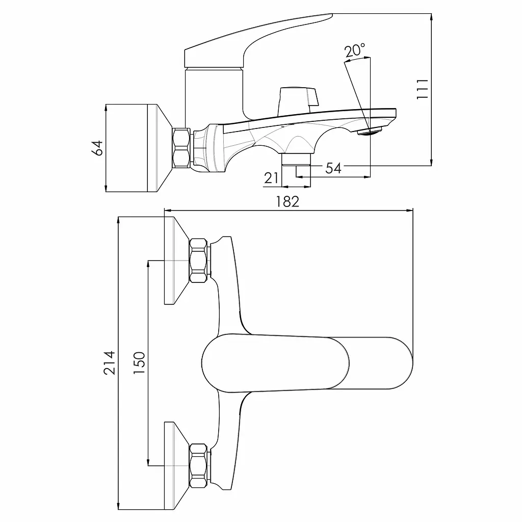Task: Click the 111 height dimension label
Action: [422, 89]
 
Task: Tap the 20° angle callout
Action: [355, 50]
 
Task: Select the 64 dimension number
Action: [97, 148]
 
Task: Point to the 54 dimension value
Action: [333, 168]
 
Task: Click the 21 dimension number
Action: [271, 178]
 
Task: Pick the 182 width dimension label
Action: [288, 202]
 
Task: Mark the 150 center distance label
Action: [139, 362]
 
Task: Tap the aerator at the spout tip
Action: [369, 131]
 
